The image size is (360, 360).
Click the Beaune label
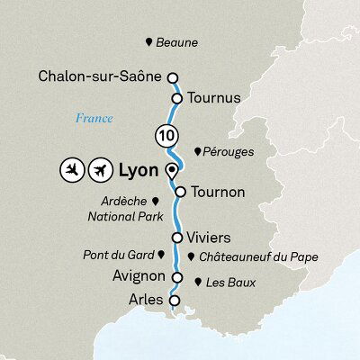pyautogui.click(x=176, y=43)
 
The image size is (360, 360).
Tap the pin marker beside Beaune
pyautogui.click(x=148, y=42)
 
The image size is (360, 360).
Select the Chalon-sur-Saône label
pyautogui.click(x=100, y=77)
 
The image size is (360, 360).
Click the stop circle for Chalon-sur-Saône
pyautogui.click(x=173, y=78)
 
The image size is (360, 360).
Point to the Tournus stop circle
pyautogui.click(x=178, y=98)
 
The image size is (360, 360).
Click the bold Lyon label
pyautogui.click(x=139, y=170)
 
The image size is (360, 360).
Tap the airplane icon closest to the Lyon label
pyautogui.click(x=99, y=170)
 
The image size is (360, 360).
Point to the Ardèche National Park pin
pyautogui.click(x=155, y=202)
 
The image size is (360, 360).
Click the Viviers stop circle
pyautogui.click(x=176, y=238)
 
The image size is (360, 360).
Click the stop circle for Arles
pyautogui.click(x=175, y=300)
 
